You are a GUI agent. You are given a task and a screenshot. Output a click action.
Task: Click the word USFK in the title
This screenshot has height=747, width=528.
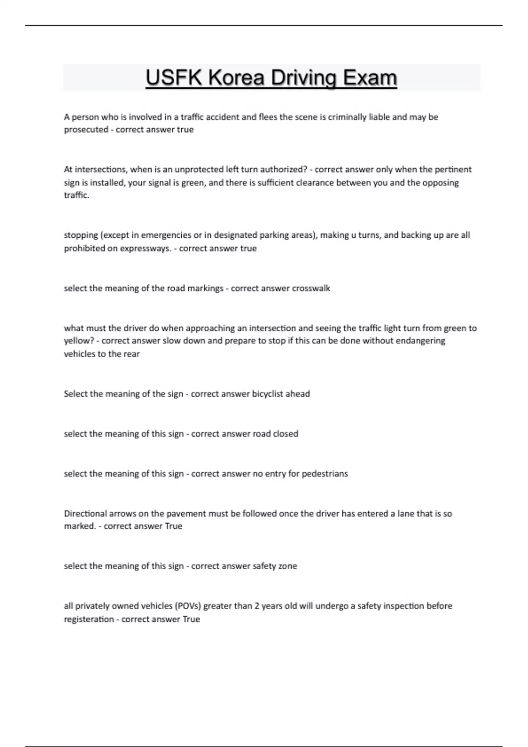tap(174, 78)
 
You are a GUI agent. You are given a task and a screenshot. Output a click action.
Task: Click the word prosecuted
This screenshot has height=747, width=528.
tap(86, 130)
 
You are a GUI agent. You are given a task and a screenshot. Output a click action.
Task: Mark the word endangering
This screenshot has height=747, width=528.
tap(421, 341)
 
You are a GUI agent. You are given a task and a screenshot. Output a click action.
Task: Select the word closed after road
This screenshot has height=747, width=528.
tap(286, 434)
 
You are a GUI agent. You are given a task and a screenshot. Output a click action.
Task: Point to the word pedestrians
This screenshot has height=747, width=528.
tap(325, 474)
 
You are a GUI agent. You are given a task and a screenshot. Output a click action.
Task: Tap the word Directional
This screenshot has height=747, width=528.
tap(85, 513)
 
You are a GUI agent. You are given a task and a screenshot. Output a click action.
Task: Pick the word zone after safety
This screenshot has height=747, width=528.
tap(287, 566)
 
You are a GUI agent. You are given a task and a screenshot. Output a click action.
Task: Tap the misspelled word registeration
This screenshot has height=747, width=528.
tap(89, 619)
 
